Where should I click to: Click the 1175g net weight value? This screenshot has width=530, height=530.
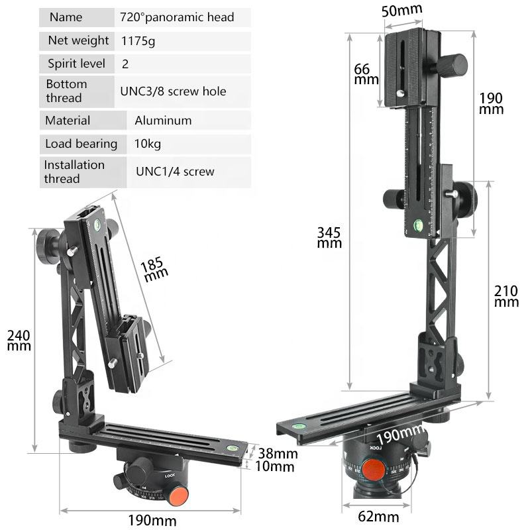(x=138, y=41)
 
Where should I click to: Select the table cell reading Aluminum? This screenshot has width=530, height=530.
(x=163, y=121)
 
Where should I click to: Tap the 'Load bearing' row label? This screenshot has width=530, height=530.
(x=81, y=144)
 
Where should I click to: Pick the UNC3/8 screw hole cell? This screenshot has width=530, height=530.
(x=173, y=91)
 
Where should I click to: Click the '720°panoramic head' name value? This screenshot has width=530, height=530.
(x=177, y=17)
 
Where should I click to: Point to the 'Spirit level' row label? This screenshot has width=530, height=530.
(x=76, y=64)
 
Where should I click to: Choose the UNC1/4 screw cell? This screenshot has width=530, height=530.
(x=175, y=172)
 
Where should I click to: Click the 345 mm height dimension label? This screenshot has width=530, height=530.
(x=329, y=237)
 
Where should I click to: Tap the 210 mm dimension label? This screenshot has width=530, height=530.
(x=506, y=295)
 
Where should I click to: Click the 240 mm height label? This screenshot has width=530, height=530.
(x=19, y=340)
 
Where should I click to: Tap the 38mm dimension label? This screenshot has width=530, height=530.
(x=277, y=454)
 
